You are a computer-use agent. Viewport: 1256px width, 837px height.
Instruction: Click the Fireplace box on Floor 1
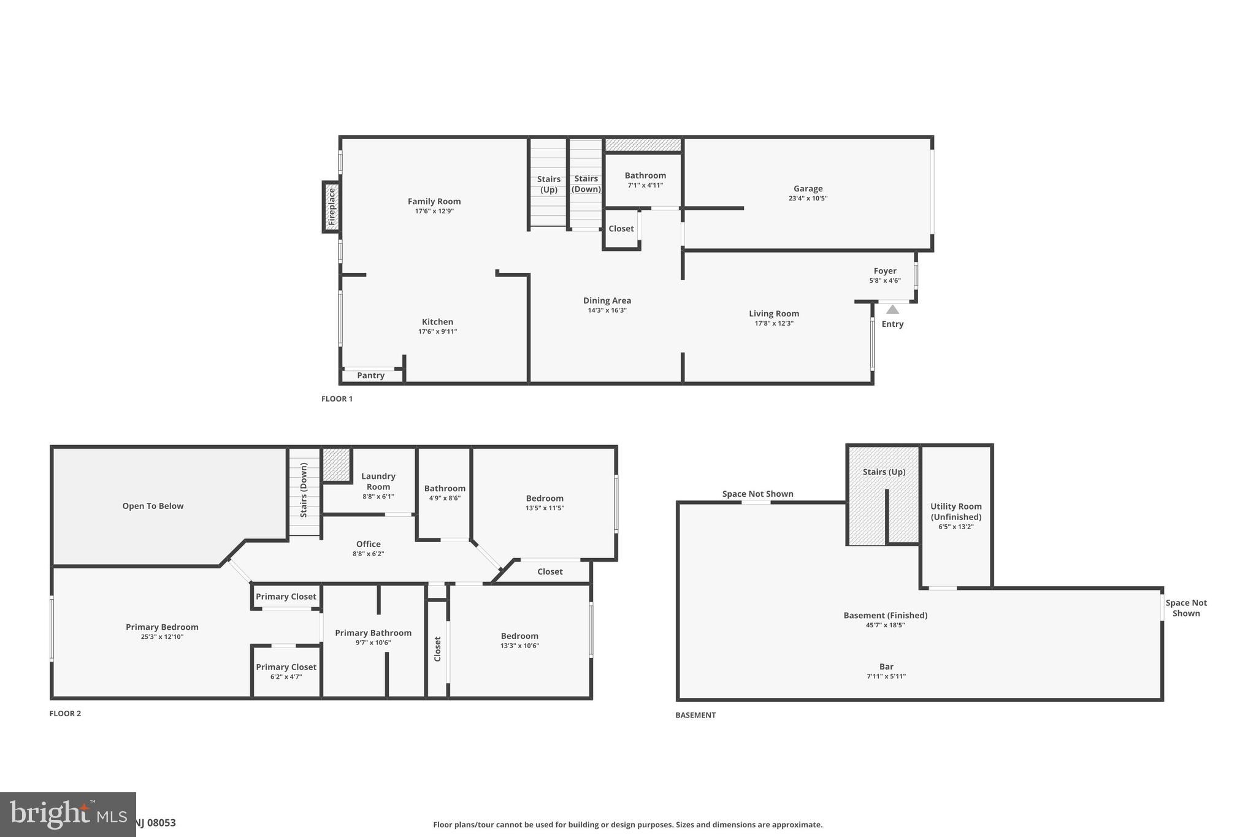click(x=331, y=207)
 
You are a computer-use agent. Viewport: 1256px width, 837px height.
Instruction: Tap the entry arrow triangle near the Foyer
click(x=892, y=310)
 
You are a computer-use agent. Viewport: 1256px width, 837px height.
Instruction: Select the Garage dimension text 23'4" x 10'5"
click(x=808, y=199)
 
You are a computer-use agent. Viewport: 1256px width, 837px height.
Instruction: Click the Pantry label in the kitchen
click(x=370, y=375)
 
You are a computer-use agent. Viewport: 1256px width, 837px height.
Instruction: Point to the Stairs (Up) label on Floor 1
click(x=548, y=184)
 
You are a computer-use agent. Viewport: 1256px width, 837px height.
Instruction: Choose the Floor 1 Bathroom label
click(x=645, y=175)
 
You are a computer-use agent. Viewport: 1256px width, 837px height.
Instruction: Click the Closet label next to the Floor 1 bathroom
click(x=621, y=229)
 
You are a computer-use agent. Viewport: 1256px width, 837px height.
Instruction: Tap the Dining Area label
click(x=607, y=300)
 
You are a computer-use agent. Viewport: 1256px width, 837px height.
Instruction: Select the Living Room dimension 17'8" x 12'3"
click(x=773, y=323)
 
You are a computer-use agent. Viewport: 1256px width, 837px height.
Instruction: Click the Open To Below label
click(x=153, y=506)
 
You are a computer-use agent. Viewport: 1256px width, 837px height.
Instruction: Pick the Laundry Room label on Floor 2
click(x=378, y=481)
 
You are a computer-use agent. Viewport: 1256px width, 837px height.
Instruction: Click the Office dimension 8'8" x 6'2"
click(x=368, y=554)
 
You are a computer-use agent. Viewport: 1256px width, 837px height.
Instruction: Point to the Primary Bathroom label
click(x=373, y=633)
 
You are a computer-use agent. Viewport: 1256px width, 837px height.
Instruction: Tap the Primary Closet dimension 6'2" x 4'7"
click(x=286, y=677)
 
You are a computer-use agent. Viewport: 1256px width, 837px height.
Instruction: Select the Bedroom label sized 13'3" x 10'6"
click(x=519, y=636)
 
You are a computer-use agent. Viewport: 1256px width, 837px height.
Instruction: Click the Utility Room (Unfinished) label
click(x=955, y=511)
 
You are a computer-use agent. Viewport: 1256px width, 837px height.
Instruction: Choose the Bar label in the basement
click(x=886, y=667)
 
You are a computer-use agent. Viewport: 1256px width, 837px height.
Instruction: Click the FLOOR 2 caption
click(x=65, y=713)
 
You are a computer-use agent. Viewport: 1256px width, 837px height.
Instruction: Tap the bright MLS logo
click(x=67, y=814)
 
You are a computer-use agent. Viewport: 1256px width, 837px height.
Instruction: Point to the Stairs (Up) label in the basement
click(x=884, y=472)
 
